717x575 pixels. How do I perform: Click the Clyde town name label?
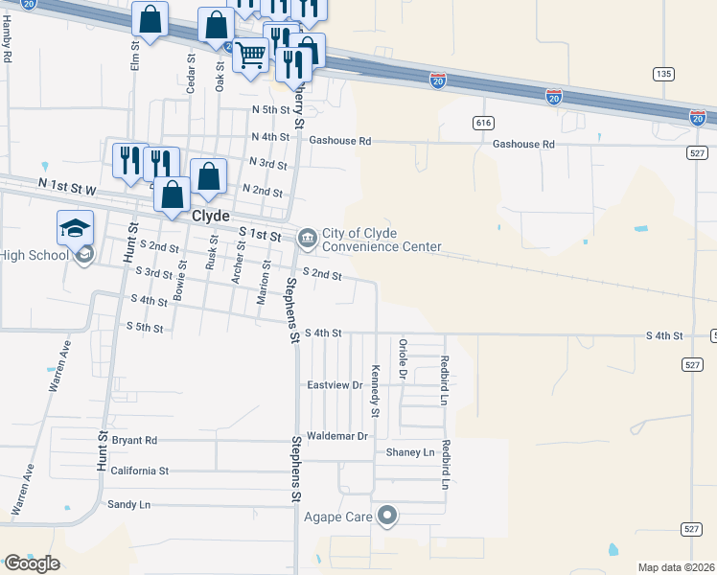[x=211, y=217]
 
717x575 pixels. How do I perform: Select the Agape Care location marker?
[x=388, y=517]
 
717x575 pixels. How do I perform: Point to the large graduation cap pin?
[x=75, y=227]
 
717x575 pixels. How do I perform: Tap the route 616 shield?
[x=483, y=123]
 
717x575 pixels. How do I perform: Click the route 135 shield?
[x=662, y=73]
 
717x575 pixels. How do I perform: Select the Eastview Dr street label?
[x=334, y=385]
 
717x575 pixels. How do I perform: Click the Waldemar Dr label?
[x=336, y=436]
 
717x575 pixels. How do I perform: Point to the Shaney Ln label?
[x=410, y=452]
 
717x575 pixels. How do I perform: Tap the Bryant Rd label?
[x=134, y=441]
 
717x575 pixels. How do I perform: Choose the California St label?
[x=139, y=471]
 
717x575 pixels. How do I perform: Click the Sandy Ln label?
[x=128, y=504]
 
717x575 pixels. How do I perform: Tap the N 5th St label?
[x=270, y=110]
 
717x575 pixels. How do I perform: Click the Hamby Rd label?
[x=7, y=42]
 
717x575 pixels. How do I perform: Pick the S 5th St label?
[x=146, y=327]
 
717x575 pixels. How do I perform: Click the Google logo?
[x=32, y=563]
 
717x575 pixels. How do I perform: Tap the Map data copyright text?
[x=676, y=567]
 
